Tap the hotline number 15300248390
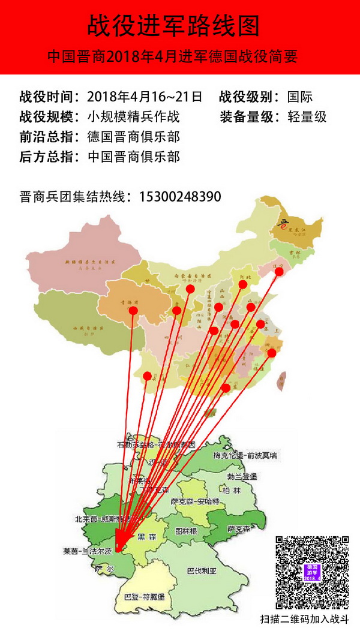[180, 196]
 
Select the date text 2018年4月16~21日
[145, 97]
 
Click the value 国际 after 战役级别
[300, 97]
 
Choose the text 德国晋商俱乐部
[133, 137]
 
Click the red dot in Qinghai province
[133, 310]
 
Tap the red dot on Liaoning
[279, 272]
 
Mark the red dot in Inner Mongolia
[190, 289]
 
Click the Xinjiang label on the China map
[89, 263]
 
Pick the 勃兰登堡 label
[242, 476]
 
